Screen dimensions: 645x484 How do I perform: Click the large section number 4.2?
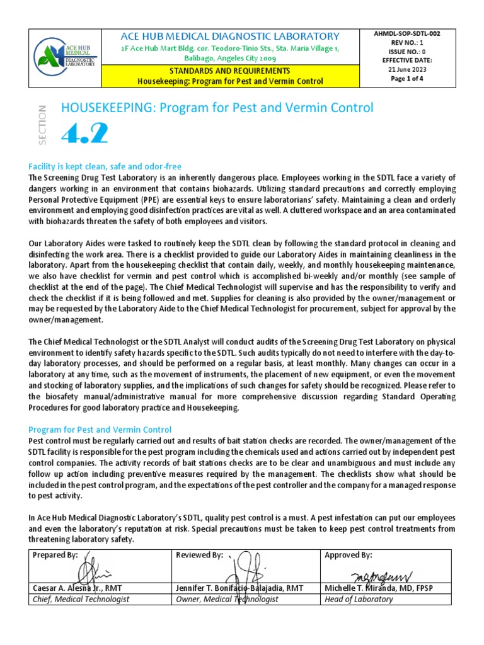pyautogui.click(x=84, y=134)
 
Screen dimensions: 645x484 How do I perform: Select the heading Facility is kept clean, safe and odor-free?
pyautogui.click(x=105, y=166)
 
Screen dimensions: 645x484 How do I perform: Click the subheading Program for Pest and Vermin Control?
pyautogui.click(x=100, y=430)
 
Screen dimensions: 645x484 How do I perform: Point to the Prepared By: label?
pyautogui.click(x=55, y=555)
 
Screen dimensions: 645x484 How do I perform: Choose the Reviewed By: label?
pyautogui.click(x=200, y=555)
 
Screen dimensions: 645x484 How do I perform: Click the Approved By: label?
pyautogui.click(x=348, y=555)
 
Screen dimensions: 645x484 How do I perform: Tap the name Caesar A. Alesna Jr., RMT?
pyautogui.click(x=77, y=588)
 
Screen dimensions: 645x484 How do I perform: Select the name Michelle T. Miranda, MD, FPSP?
pyautogui.click(x=378, y=588)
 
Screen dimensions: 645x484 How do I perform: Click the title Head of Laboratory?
pyautogui.click(x=358, y=599)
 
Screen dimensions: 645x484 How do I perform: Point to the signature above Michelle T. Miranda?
pyautogui.click(x=382, y=574)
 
